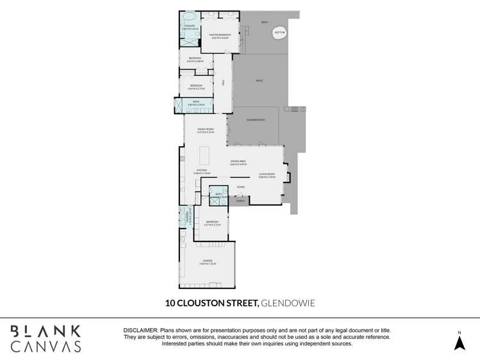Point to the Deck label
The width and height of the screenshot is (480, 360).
coord(264,22)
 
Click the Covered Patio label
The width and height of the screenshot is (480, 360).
coord(256,120)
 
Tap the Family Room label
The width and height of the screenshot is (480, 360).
coord(204,129)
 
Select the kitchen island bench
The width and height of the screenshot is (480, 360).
coord(204,156)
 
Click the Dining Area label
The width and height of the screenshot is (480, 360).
coord(238,161)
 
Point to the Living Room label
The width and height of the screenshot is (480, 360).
coord(267,174)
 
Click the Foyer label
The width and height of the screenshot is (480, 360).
coord(240,187)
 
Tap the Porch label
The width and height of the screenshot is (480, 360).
coord(240,201)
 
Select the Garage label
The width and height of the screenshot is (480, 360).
coord(208,261)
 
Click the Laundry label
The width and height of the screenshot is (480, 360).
coord(187,218)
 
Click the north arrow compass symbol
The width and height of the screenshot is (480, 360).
coord(459,342)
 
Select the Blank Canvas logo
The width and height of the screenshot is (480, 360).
coord(46,339)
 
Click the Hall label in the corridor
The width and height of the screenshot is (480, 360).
coord(223,83)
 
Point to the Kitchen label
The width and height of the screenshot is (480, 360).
coord(202,170)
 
